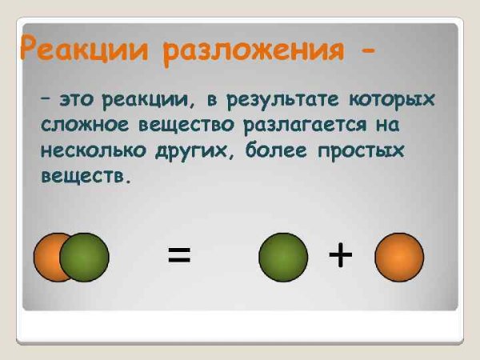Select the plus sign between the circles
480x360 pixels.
coord(340,256)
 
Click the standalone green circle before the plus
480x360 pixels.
coord(282,257)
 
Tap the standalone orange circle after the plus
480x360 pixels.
coord(399,257)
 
